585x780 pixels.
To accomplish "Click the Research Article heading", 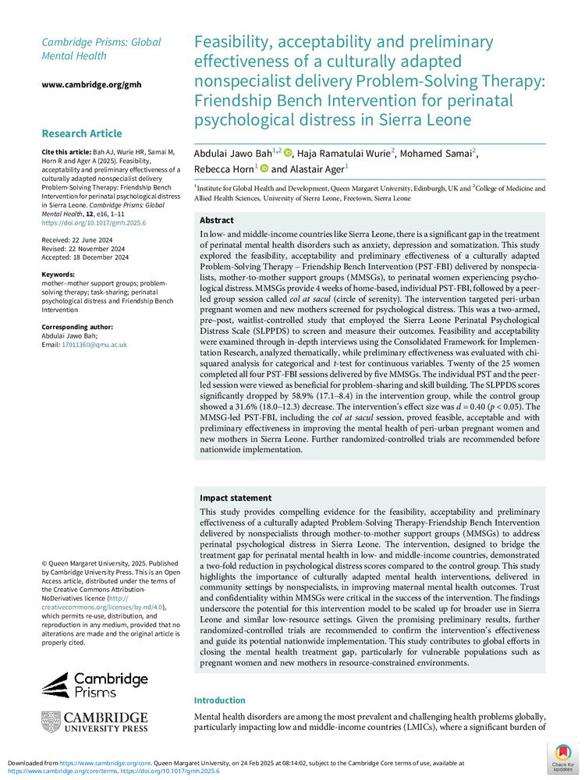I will tap(82, 133).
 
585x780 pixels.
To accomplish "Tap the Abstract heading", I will tap(217, 221).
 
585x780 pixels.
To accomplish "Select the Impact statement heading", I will tap(236, 498).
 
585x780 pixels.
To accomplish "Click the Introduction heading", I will tap(219, 700).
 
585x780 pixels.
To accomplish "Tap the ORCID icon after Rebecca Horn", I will tap(263, 168).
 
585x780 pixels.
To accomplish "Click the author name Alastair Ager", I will tap(318, 168).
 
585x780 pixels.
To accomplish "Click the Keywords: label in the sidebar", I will tap(59, 275).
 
